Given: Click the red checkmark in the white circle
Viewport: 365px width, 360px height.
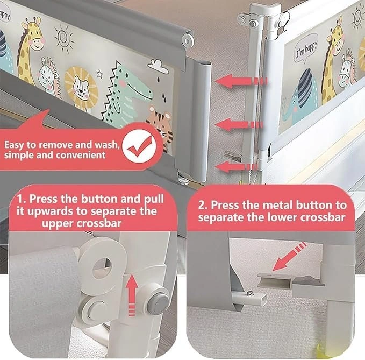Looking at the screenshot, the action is pos(140,146).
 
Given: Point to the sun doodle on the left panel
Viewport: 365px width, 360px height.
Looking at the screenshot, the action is pos(63,39).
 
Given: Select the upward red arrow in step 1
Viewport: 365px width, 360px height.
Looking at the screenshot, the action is pos(132,294).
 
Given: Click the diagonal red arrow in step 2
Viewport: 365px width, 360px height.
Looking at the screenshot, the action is pos(289,256).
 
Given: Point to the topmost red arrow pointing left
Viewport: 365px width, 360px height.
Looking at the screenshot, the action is pos(240,81).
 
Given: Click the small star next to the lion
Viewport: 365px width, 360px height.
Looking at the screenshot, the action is pos(99,74).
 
